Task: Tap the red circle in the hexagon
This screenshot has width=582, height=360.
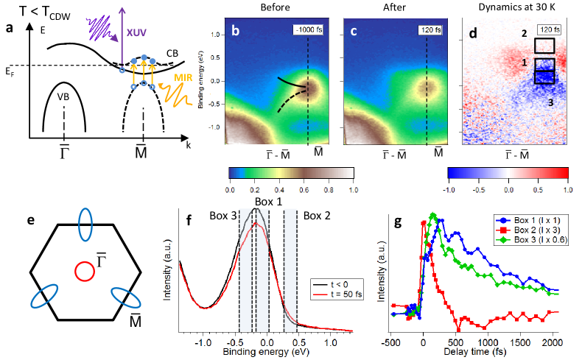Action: tap(85, 272)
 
